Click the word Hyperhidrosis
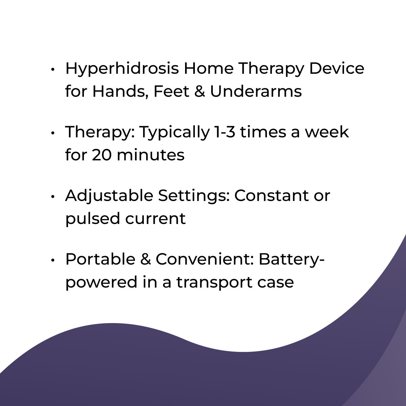click(x=122, y=69)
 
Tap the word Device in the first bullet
click(x=336, y=68)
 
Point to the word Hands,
click(x=120, y=92)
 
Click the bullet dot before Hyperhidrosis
click(x=53, y=69)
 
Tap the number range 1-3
click(x=225, y=132)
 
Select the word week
click(x=327, y=132)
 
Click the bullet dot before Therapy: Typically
click(x=53, y=133)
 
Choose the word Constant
click(x=272, y=196)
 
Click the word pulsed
click(x=93, y=219)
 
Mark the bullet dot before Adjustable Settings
click(x=53, y=197)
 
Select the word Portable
click(x=100, y=260)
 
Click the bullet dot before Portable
click(x=53, y=260)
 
